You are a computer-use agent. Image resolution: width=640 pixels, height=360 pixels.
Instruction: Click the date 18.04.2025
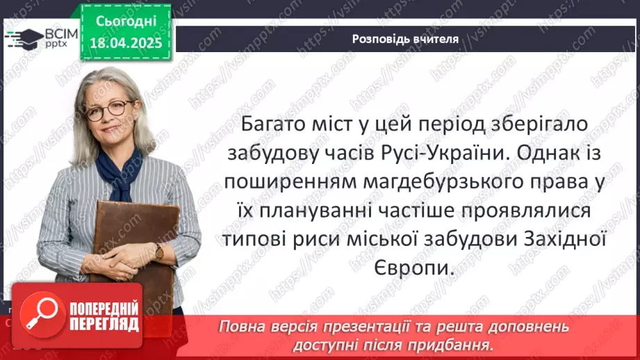pos(125,43)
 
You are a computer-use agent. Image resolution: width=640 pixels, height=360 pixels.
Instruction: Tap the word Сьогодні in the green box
pos(125,22)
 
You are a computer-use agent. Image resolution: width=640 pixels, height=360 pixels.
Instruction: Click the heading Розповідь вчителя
pos(405,39)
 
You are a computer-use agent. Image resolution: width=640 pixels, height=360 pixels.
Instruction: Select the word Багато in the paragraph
pos(273,126)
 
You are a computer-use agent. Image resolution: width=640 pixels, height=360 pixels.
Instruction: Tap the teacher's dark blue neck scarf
pos(119,170)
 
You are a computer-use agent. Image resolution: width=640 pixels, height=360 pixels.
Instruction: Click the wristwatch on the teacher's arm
pos(159,252)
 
